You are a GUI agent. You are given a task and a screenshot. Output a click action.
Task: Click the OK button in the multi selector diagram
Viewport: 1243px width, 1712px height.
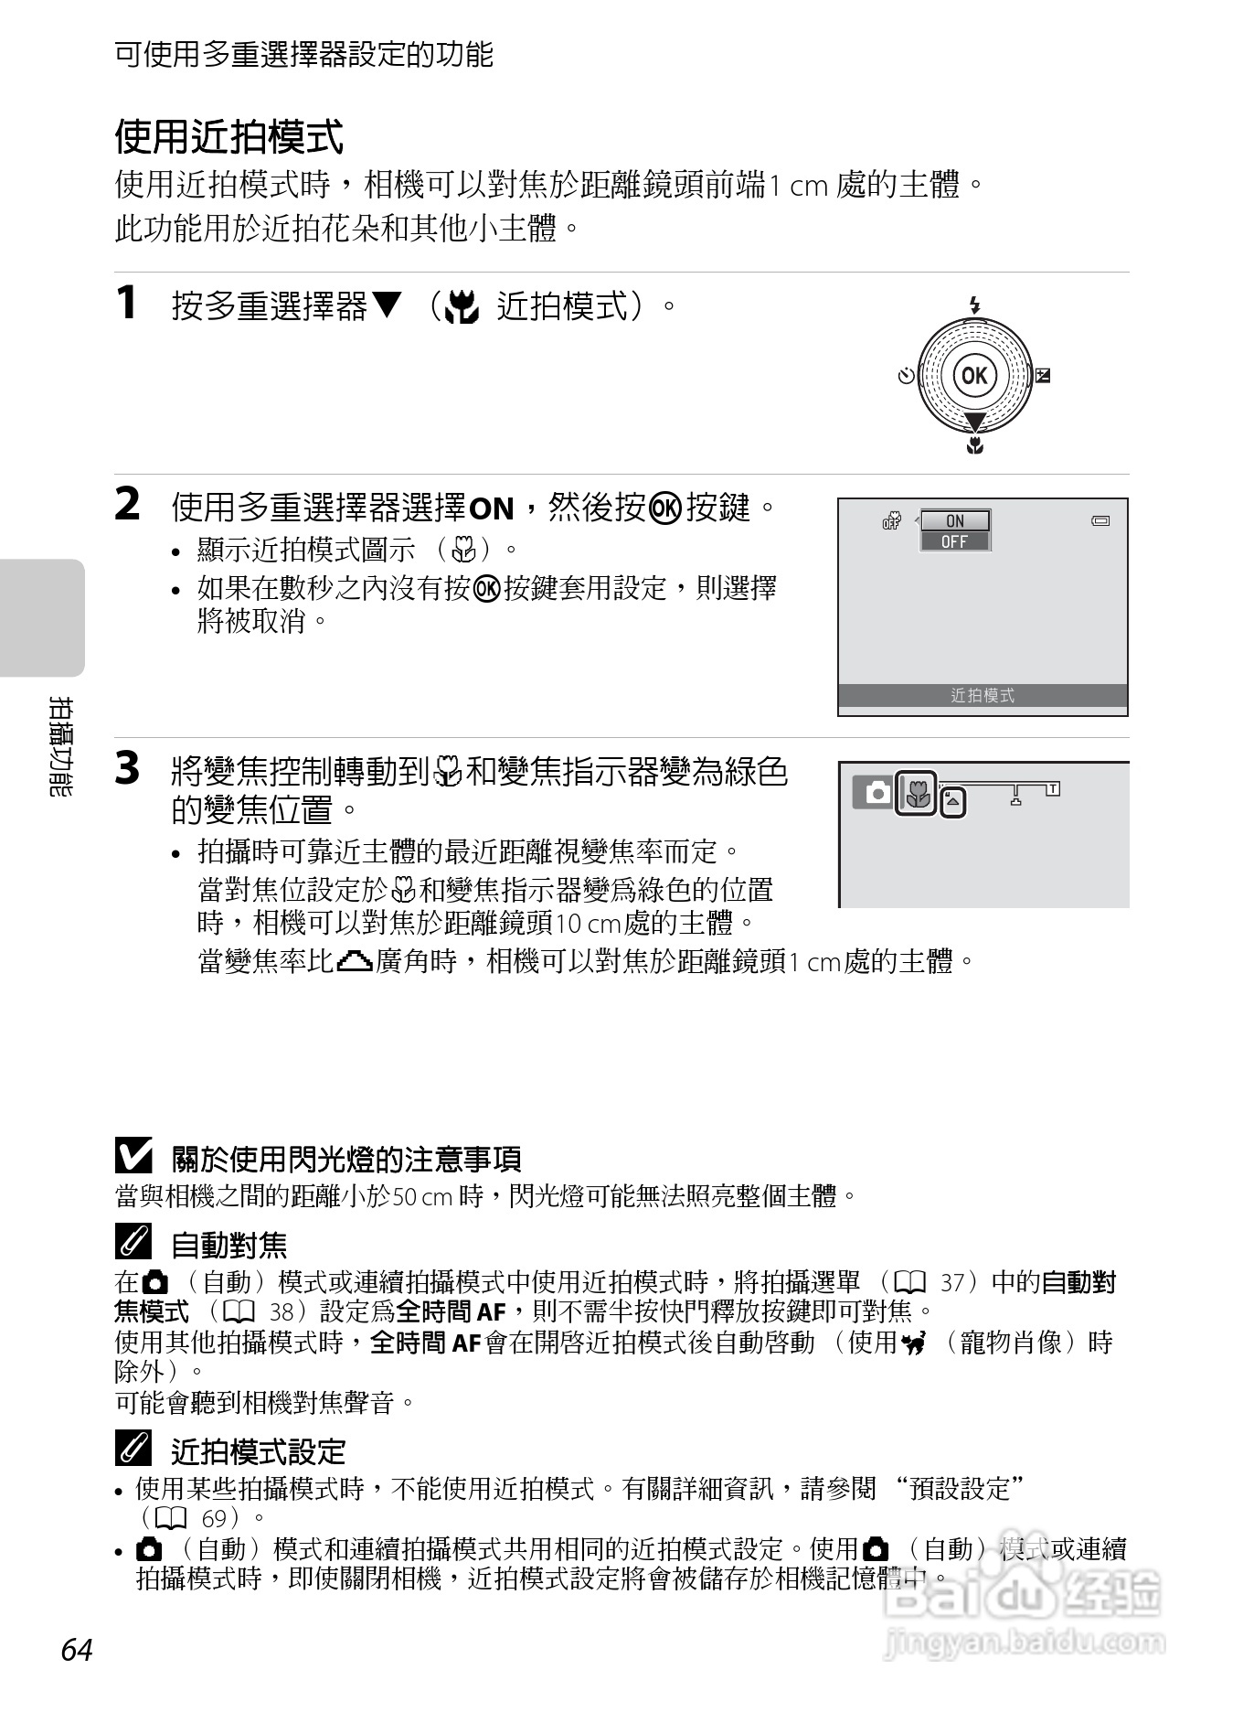974,375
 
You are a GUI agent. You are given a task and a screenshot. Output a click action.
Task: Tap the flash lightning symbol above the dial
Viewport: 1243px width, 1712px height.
975,305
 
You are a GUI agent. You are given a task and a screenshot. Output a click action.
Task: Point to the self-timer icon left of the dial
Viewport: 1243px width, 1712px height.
906,376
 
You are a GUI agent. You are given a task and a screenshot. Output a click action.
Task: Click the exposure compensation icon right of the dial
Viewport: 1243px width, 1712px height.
1043,375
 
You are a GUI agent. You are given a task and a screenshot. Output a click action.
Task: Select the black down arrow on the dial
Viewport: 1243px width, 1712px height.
975,422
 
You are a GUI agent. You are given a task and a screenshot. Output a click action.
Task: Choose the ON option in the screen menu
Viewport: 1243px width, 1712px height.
954,520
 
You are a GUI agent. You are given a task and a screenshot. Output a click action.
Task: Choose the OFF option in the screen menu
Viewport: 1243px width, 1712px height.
954,541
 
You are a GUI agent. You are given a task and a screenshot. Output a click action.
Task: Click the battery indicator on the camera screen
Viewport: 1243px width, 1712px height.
1100,521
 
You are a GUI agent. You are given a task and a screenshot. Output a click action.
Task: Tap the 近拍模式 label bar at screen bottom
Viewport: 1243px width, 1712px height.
983,696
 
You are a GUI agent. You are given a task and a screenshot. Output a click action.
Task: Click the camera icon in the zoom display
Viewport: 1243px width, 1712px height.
876,792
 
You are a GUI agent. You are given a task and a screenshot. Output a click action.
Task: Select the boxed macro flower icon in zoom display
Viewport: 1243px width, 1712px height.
916,793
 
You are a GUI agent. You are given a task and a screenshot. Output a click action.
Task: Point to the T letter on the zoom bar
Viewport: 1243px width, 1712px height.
1053,788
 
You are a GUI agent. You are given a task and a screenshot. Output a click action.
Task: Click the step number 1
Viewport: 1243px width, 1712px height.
128,304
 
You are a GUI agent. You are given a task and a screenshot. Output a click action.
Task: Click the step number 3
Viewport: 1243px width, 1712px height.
128,768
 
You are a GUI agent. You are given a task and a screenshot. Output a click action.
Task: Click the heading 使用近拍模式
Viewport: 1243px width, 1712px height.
228,137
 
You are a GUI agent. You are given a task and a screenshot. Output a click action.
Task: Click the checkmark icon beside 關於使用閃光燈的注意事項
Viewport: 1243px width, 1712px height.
133,1157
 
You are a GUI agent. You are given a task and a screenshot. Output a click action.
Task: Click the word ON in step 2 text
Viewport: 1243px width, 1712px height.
491,508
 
